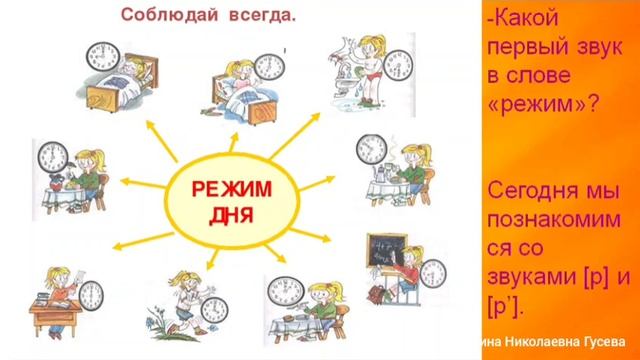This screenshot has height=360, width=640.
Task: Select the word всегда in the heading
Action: [x=254, y=15]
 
